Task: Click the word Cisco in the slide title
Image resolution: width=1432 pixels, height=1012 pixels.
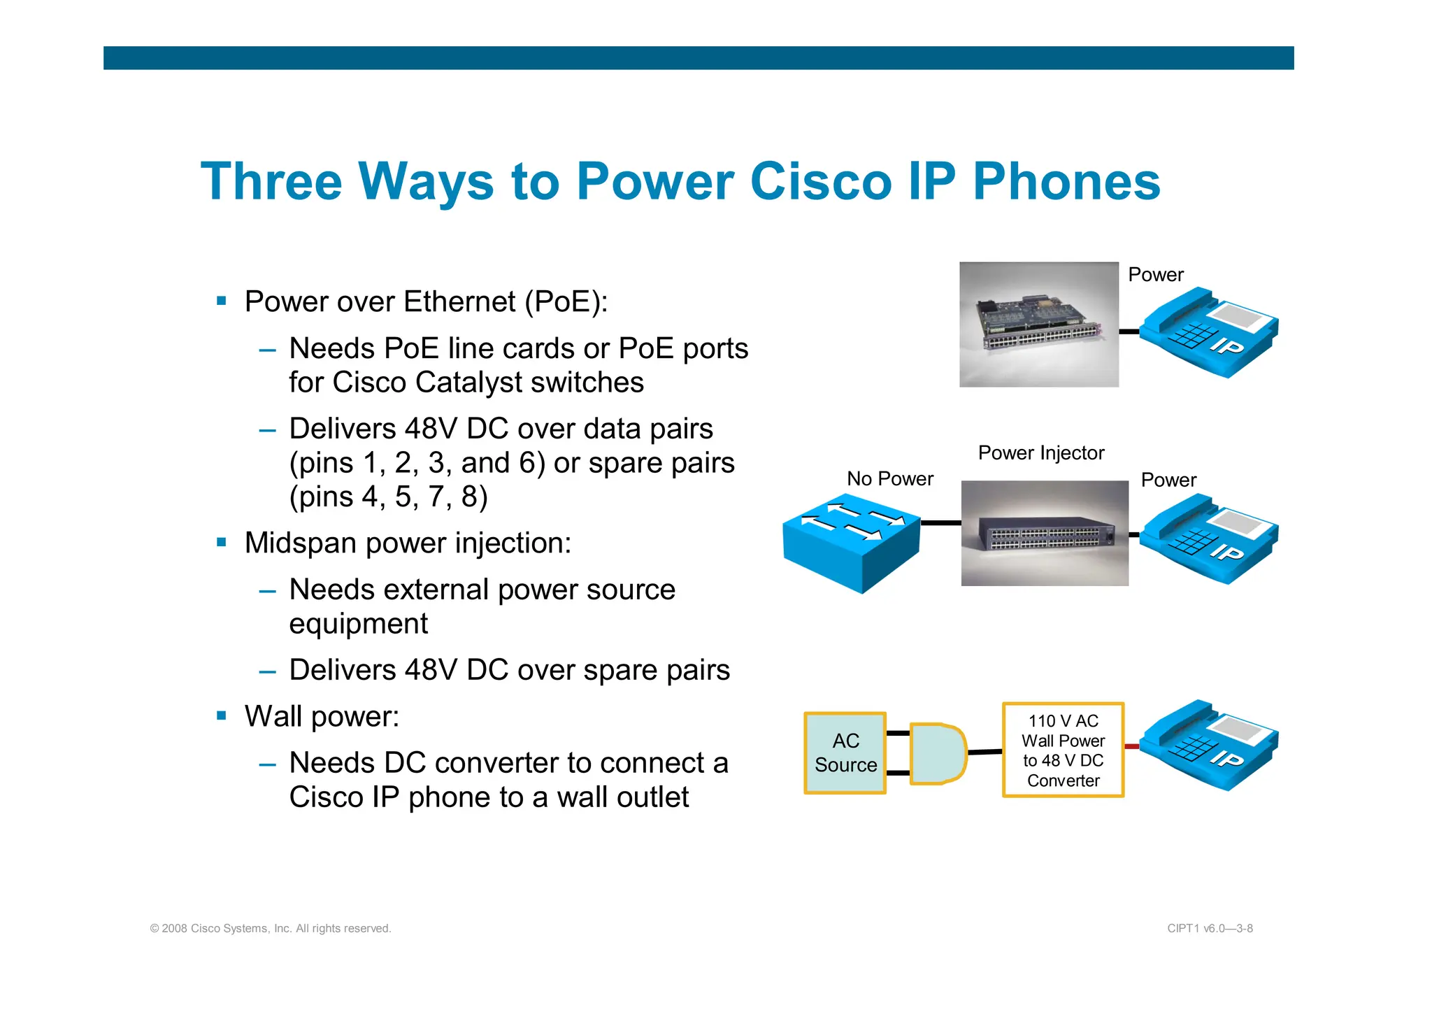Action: (820, 182)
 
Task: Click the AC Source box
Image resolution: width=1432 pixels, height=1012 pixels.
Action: (845, 753)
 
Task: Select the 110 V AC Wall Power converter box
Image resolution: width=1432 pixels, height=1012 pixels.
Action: (1063, 750)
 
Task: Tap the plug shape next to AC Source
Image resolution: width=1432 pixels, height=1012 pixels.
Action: (938, 754)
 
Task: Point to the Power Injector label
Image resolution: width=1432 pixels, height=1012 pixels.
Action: (1040, 453)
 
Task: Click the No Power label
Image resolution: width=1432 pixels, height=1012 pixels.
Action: (889, 479)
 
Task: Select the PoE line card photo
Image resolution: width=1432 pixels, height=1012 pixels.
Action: (1038, 325)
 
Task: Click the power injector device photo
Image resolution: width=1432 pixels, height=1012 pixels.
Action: (1044, 534)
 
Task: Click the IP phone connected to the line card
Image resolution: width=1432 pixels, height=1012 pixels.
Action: (1209, 333)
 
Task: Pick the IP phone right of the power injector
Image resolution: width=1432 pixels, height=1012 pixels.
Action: (1209, 539)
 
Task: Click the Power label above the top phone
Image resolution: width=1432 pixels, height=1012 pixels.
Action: (1155, 275)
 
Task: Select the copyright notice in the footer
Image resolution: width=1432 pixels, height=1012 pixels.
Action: (271, 929)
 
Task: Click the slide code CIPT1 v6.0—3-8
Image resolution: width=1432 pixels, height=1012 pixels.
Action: (1210, 929)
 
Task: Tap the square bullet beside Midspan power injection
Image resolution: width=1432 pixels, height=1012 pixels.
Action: (222, 542)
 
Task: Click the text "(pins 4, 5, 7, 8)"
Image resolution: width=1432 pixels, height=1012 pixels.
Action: (388, 497)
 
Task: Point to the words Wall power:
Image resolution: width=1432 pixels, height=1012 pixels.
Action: (322, 716)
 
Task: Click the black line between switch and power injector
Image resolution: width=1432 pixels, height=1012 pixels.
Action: (940, 523)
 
